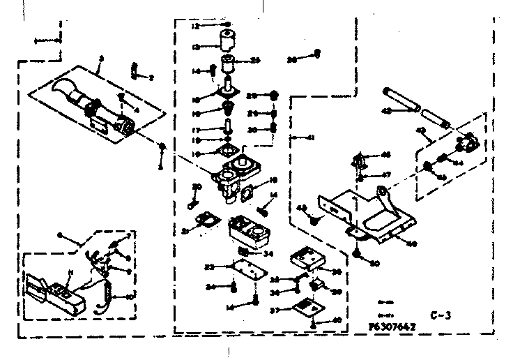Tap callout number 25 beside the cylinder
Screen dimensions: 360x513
255,61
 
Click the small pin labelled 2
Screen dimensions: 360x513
135,69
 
